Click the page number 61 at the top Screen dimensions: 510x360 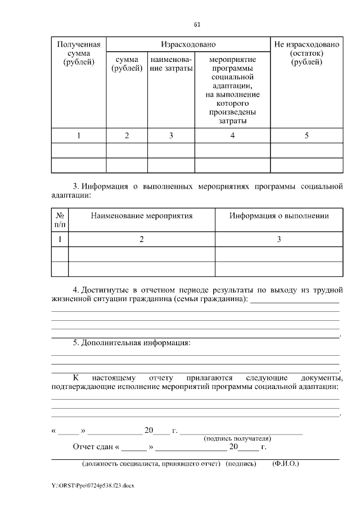(x=196, y=25)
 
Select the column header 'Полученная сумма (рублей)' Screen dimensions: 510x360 (x=79, y=53)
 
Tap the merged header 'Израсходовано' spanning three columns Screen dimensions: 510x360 (x=188, y=44)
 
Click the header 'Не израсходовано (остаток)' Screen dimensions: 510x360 (x=307, y=53)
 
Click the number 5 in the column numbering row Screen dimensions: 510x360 (x=307, y=136)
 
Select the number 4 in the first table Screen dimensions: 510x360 (x=232, y=136)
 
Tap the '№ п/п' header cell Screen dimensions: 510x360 (x=60, y=220)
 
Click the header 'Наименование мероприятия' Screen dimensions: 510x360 (x=142, y=216)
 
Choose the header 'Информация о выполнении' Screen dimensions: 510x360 (x=279, y=216)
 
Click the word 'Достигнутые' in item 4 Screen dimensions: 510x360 (x=106, y=290)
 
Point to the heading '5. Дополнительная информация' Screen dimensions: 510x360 (x=132, y=342)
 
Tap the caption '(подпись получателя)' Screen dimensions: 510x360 (x=237, y=438)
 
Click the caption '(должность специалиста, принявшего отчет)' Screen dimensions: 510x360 (x=151, y=464)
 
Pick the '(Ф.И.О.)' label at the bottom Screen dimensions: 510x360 (x=285, y=464)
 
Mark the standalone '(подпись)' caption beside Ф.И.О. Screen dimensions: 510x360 (x=241, y=464)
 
